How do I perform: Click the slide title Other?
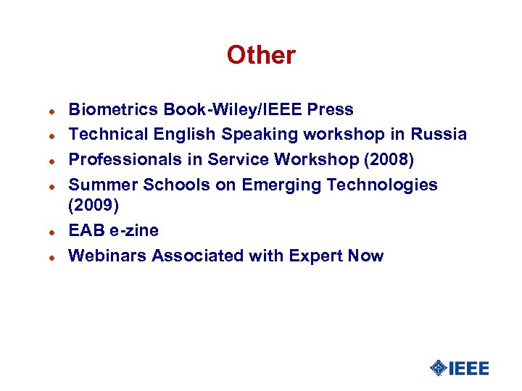coord(261,55)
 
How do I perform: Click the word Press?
coord(331,110)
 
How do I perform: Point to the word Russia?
coord(439,135)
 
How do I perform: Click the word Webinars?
coord(107,256)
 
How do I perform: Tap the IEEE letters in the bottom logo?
coord(469,368)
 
